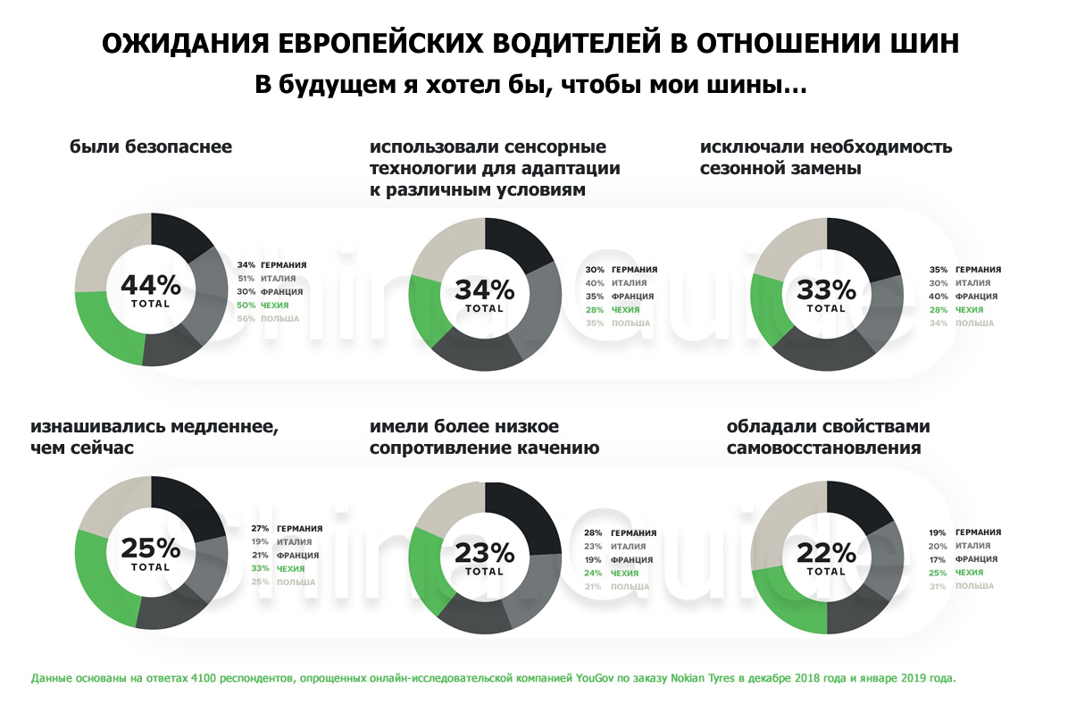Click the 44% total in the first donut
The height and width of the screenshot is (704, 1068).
pyautogui.click(x=150, y=290)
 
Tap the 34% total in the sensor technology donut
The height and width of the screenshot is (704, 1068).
pyautogui.click(x=485, y=295)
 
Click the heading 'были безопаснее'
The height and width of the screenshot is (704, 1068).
pyautogui.click(x=151, y=147)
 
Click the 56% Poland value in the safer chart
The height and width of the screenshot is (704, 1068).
pyautogui.click(x=246, y=319)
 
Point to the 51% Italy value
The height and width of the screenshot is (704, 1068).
pyautogui.click(x=246, y=279)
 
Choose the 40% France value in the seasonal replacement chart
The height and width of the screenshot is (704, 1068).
pyautogui.click(x=939, y=297)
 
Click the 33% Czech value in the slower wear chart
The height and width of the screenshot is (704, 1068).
pyautogui.click(x=260, y=568)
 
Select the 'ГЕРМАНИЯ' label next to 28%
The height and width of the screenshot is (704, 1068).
pyautogui.click(x=634, y=532)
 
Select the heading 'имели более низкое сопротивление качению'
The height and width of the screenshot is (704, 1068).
pyautogui.click(x=484, y=437)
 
